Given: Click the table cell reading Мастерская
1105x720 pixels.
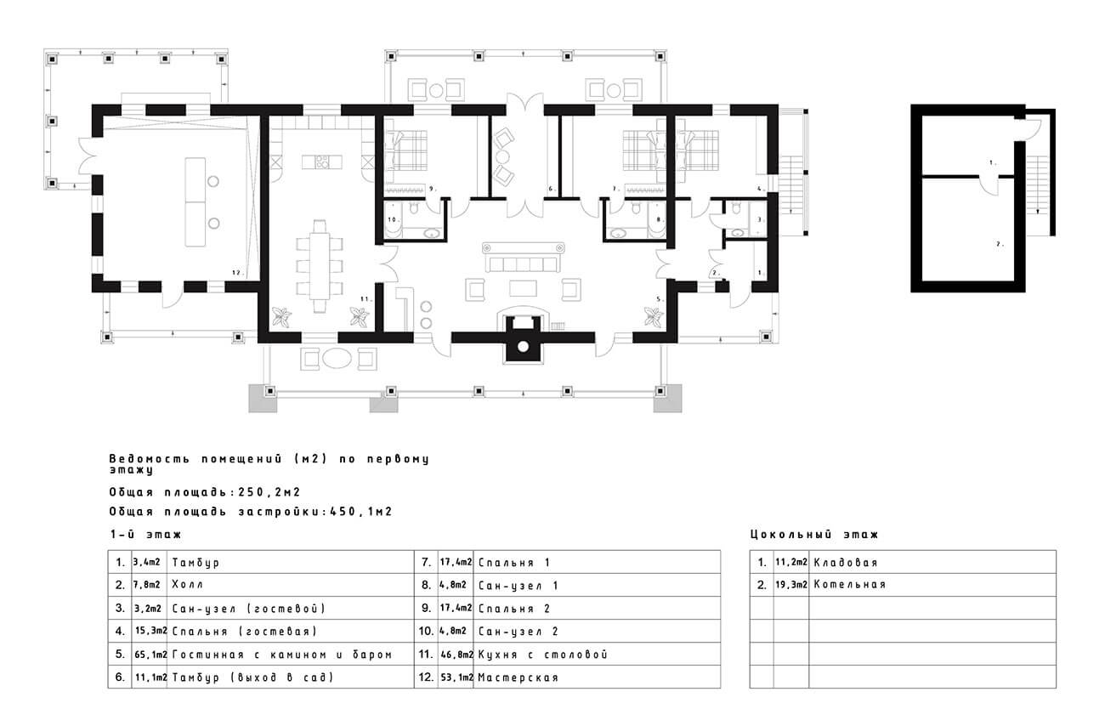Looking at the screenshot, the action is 518,677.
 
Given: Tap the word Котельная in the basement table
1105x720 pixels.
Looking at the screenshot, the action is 850,584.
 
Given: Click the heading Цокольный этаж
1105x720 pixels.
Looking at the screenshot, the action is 814,534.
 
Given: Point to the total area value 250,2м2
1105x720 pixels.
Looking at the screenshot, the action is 269,492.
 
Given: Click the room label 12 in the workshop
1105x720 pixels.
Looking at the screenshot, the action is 237,272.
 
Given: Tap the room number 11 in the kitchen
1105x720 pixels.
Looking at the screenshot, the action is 365,298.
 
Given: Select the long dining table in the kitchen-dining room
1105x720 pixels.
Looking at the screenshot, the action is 320,266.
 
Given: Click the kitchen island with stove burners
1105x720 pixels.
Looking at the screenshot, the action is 322,162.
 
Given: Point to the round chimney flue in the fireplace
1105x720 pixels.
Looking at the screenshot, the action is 523,347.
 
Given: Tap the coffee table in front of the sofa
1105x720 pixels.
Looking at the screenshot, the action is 523,288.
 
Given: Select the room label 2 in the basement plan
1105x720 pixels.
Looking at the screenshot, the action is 1000,244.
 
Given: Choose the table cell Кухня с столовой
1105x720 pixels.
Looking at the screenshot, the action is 542,655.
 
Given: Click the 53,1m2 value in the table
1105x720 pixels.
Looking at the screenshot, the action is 456,677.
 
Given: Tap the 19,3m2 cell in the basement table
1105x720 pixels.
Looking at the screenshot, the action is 791,584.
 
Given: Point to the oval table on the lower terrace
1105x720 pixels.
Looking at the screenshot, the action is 337,359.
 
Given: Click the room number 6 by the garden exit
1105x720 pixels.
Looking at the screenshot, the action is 552,189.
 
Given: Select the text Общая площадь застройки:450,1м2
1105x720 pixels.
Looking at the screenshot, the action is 251,511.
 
